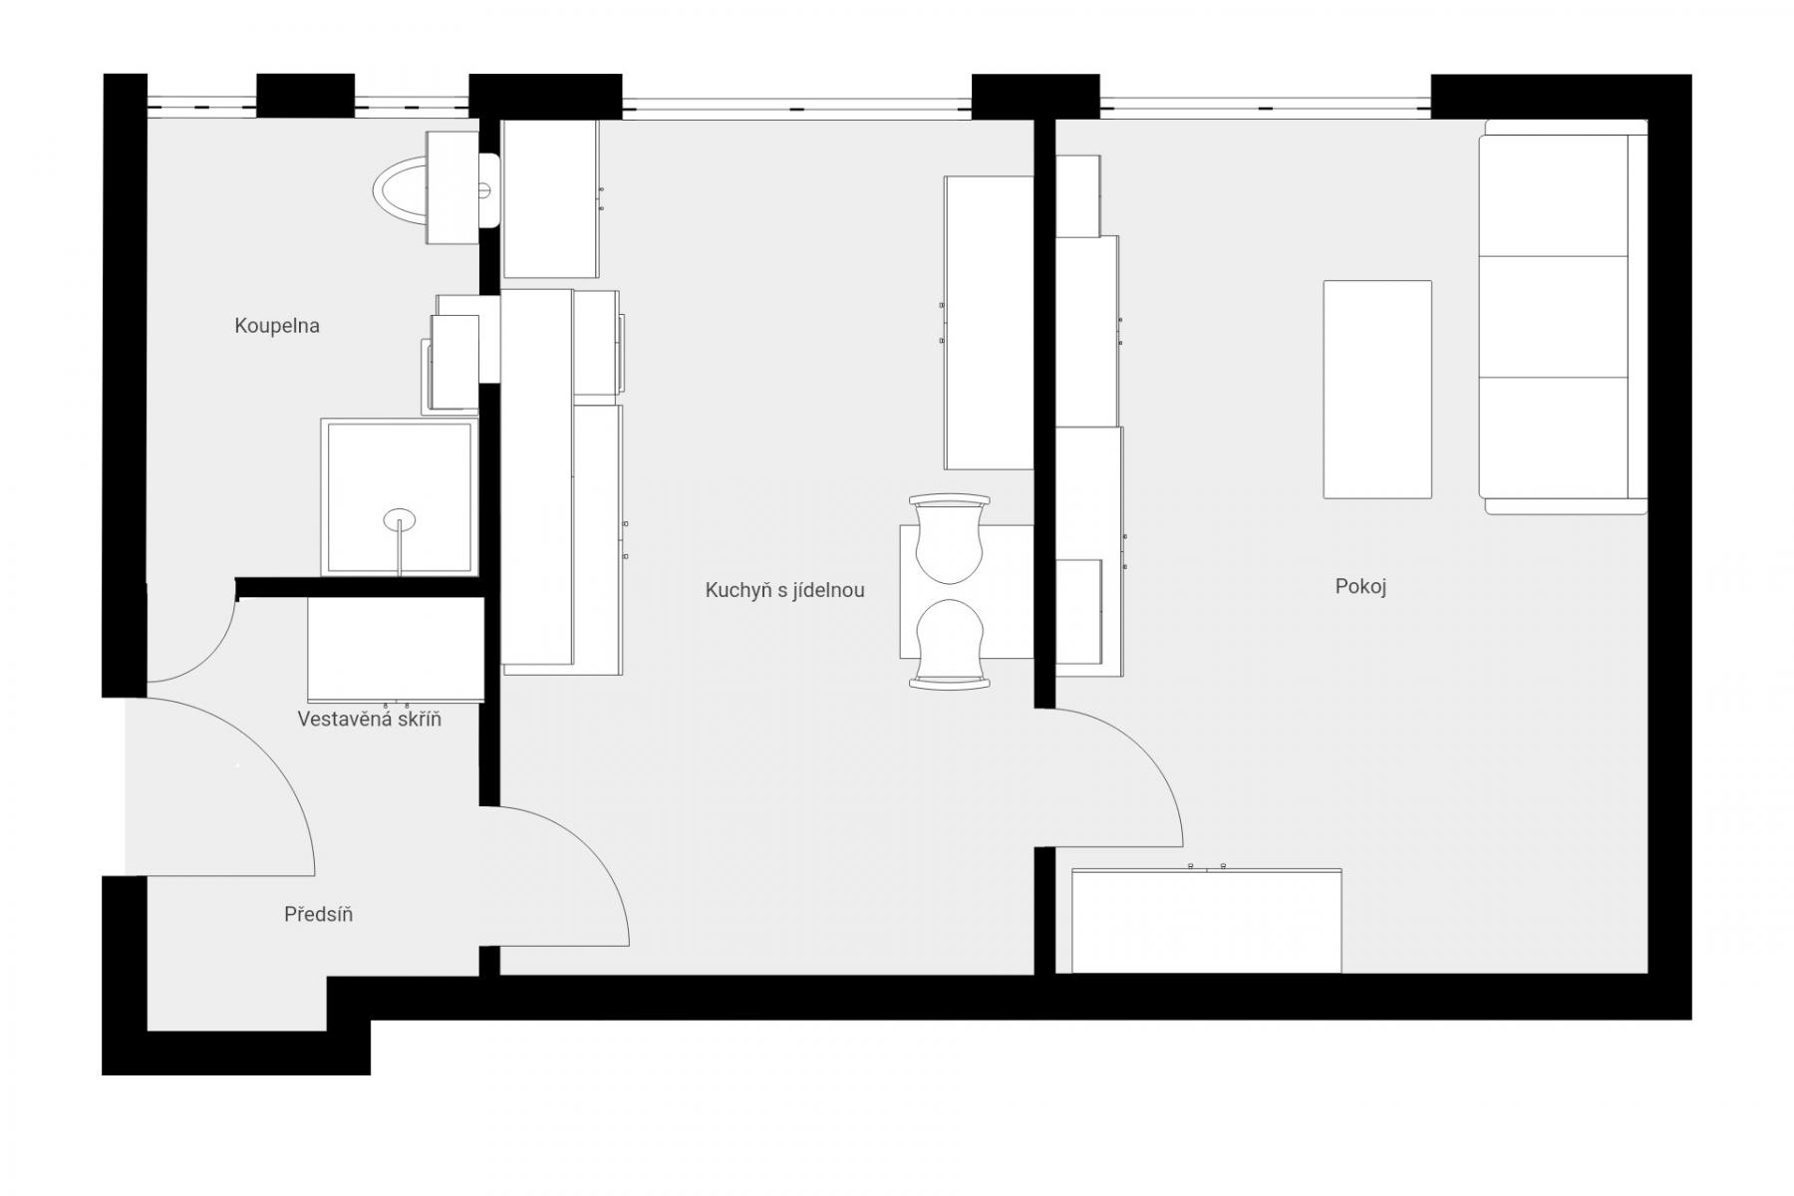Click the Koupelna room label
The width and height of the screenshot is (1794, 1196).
277,326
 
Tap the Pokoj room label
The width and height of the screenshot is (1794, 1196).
1360,586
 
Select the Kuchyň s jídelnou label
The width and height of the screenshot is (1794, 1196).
784,590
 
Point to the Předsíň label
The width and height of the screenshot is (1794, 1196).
318,914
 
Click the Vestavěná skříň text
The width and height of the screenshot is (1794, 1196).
369,719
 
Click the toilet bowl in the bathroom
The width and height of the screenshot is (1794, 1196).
411,187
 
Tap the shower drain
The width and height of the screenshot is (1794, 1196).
400,519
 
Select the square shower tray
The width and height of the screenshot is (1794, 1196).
399,496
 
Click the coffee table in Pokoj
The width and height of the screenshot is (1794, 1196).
1377,389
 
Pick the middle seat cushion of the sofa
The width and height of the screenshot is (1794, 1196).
1553,316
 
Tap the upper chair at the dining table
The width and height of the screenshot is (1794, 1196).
950,538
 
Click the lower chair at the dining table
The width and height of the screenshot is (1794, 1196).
950,644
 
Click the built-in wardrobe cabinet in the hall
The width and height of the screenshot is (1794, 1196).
396,649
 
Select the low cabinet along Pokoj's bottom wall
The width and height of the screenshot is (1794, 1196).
1206,920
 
